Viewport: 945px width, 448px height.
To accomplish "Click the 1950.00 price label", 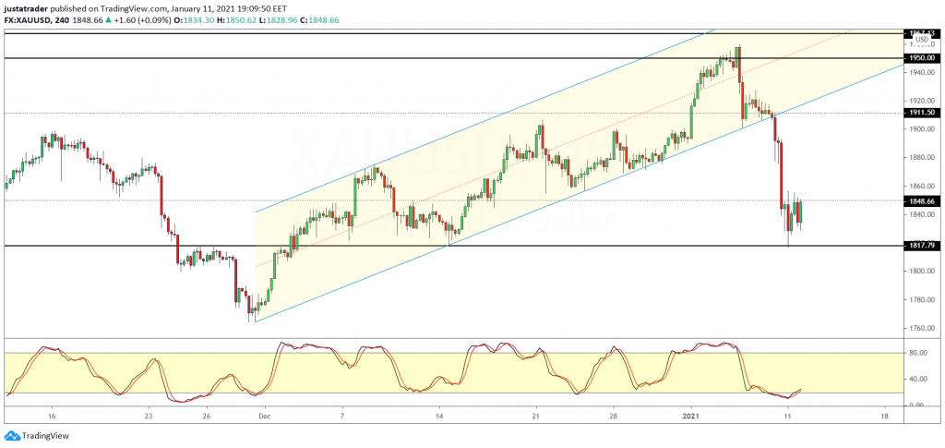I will tap(921, 58).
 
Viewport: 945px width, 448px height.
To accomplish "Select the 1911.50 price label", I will tap(921, 113).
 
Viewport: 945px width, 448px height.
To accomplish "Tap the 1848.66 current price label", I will tap(921, 200).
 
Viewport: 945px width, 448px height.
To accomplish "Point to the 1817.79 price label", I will tap(921, 246).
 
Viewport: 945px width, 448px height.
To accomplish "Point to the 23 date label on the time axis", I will tap(148, 417).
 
